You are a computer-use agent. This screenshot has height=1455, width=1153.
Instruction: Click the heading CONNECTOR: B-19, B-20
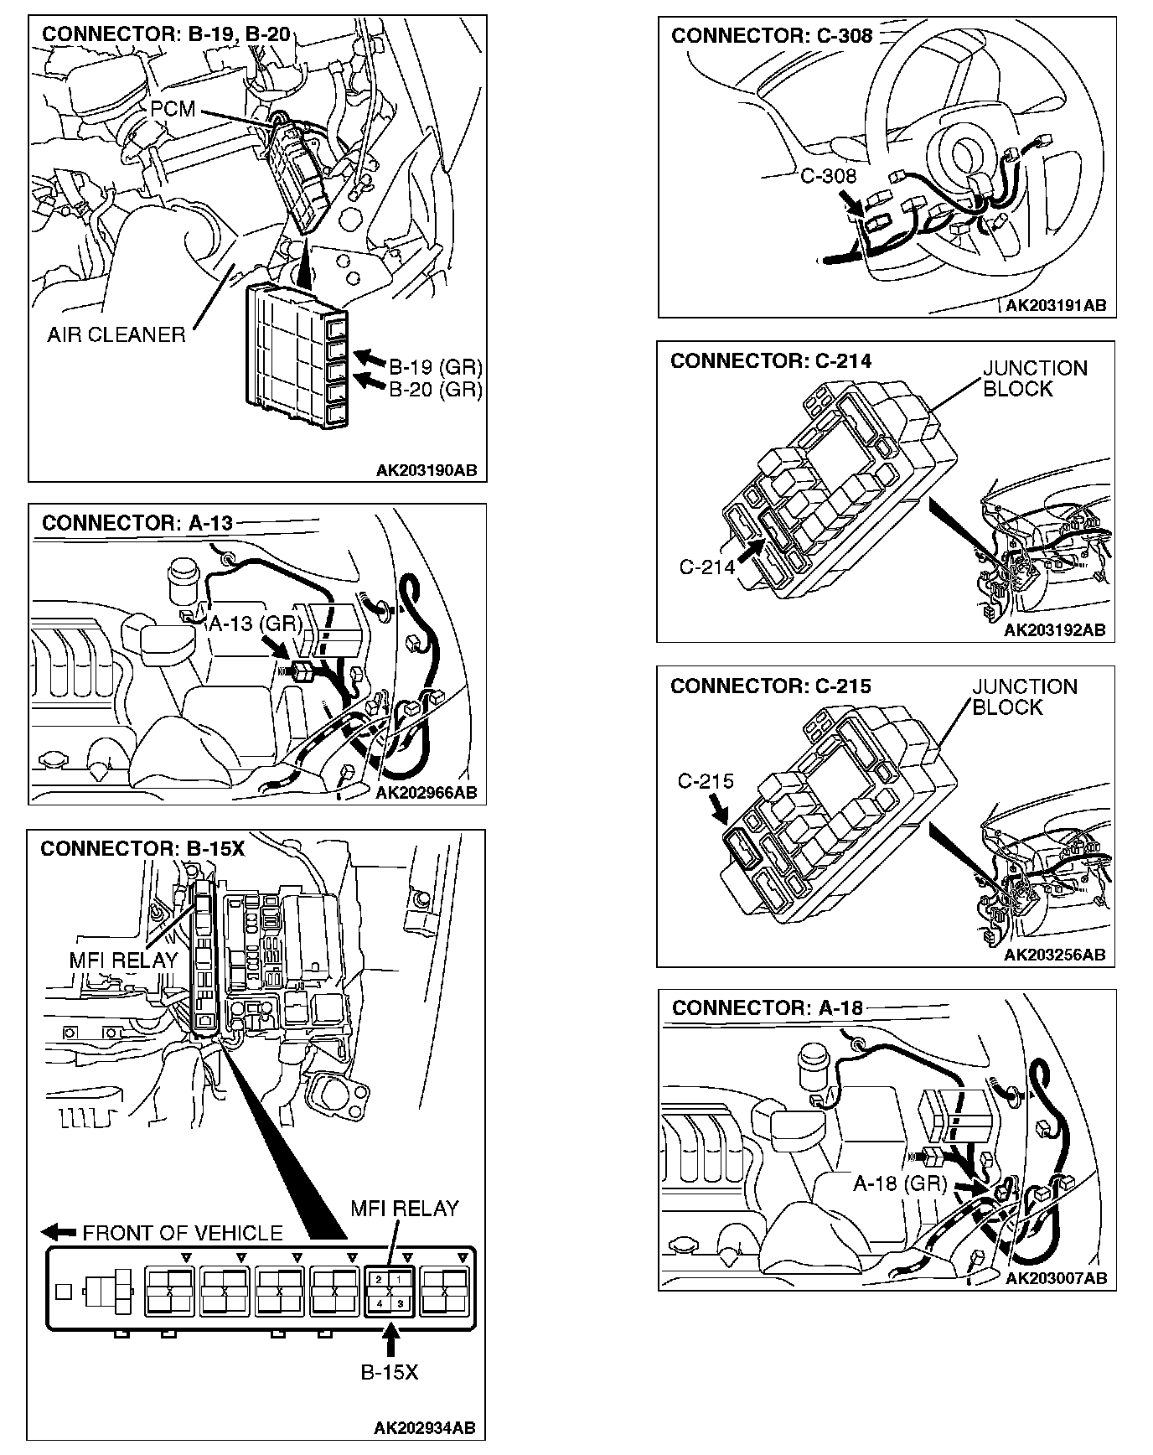(x=166, y=34)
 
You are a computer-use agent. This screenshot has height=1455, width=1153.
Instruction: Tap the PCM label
(x=173, y=109)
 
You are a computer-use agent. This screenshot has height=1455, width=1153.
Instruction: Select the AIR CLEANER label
(x=116, y=335)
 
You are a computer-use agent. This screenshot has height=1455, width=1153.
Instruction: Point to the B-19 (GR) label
(x=436, y=367)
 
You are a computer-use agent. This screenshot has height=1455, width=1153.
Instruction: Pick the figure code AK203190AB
(x=426, y=470)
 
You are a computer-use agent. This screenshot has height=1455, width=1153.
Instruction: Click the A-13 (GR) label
(x=255, y=624)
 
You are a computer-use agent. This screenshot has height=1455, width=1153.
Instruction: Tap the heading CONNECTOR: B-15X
(x=142, y=849)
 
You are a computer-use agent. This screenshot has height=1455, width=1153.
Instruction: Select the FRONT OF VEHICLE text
(x=183, y=1233)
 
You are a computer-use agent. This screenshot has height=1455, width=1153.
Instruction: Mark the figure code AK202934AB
(x=425, y=1428)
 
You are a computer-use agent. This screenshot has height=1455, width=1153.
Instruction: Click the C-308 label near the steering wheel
(x=828, y=175)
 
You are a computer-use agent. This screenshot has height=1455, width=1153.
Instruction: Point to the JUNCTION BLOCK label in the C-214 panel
(x=1035, y=379)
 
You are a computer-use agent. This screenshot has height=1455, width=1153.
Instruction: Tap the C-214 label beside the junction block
(x=707, y=567)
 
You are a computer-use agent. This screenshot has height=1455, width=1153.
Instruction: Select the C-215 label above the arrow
(x=706, y=781)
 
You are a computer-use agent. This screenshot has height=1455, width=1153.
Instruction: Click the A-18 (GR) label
(x=900, y=1183)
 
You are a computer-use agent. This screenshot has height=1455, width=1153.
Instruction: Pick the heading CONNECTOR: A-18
(x=767, y=1007)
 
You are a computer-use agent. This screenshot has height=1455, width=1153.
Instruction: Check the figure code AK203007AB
(x=1056, y=1278)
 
